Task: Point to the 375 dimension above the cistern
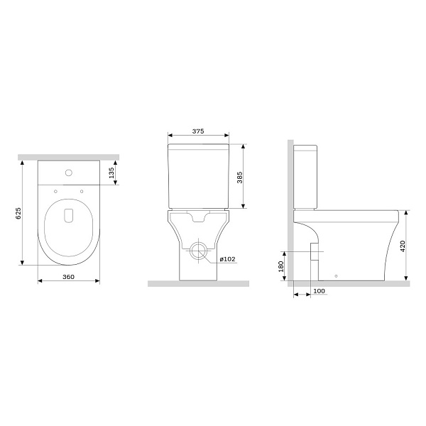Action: click(198, 131)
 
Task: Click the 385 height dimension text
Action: click(239, 177)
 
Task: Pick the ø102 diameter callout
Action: click(227, 259)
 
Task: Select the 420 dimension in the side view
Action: click(403, 246)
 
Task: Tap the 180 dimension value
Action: click(281, 267)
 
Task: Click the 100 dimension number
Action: click(319, 291)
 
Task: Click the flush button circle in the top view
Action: click(69, 173)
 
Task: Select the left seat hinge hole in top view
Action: click(55, 190)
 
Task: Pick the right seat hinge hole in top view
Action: click(82, 190)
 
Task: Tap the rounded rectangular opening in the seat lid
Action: click(69, 215)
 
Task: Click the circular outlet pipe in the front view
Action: click(198, 251)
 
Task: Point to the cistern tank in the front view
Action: click(198, 174)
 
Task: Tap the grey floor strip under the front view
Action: click(198, 283)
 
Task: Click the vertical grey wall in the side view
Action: click(289, 213)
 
